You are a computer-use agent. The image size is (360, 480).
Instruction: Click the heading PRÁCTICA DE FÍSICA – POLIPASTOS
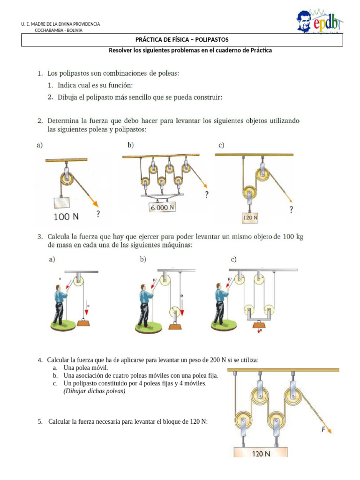(x=182, y=40)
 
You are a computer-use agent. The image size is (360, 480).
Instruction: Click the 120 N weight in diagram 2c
(x=250, y=217)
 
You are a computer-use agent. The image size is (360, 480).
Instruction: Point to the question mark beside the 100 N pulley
(x=97, y=214)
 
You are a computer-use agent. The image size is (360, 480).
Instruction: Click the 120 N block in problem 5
(x=260, y=453)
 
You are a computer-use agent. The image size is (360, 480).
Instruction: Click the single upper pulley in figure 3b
(x=165, y=280)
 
